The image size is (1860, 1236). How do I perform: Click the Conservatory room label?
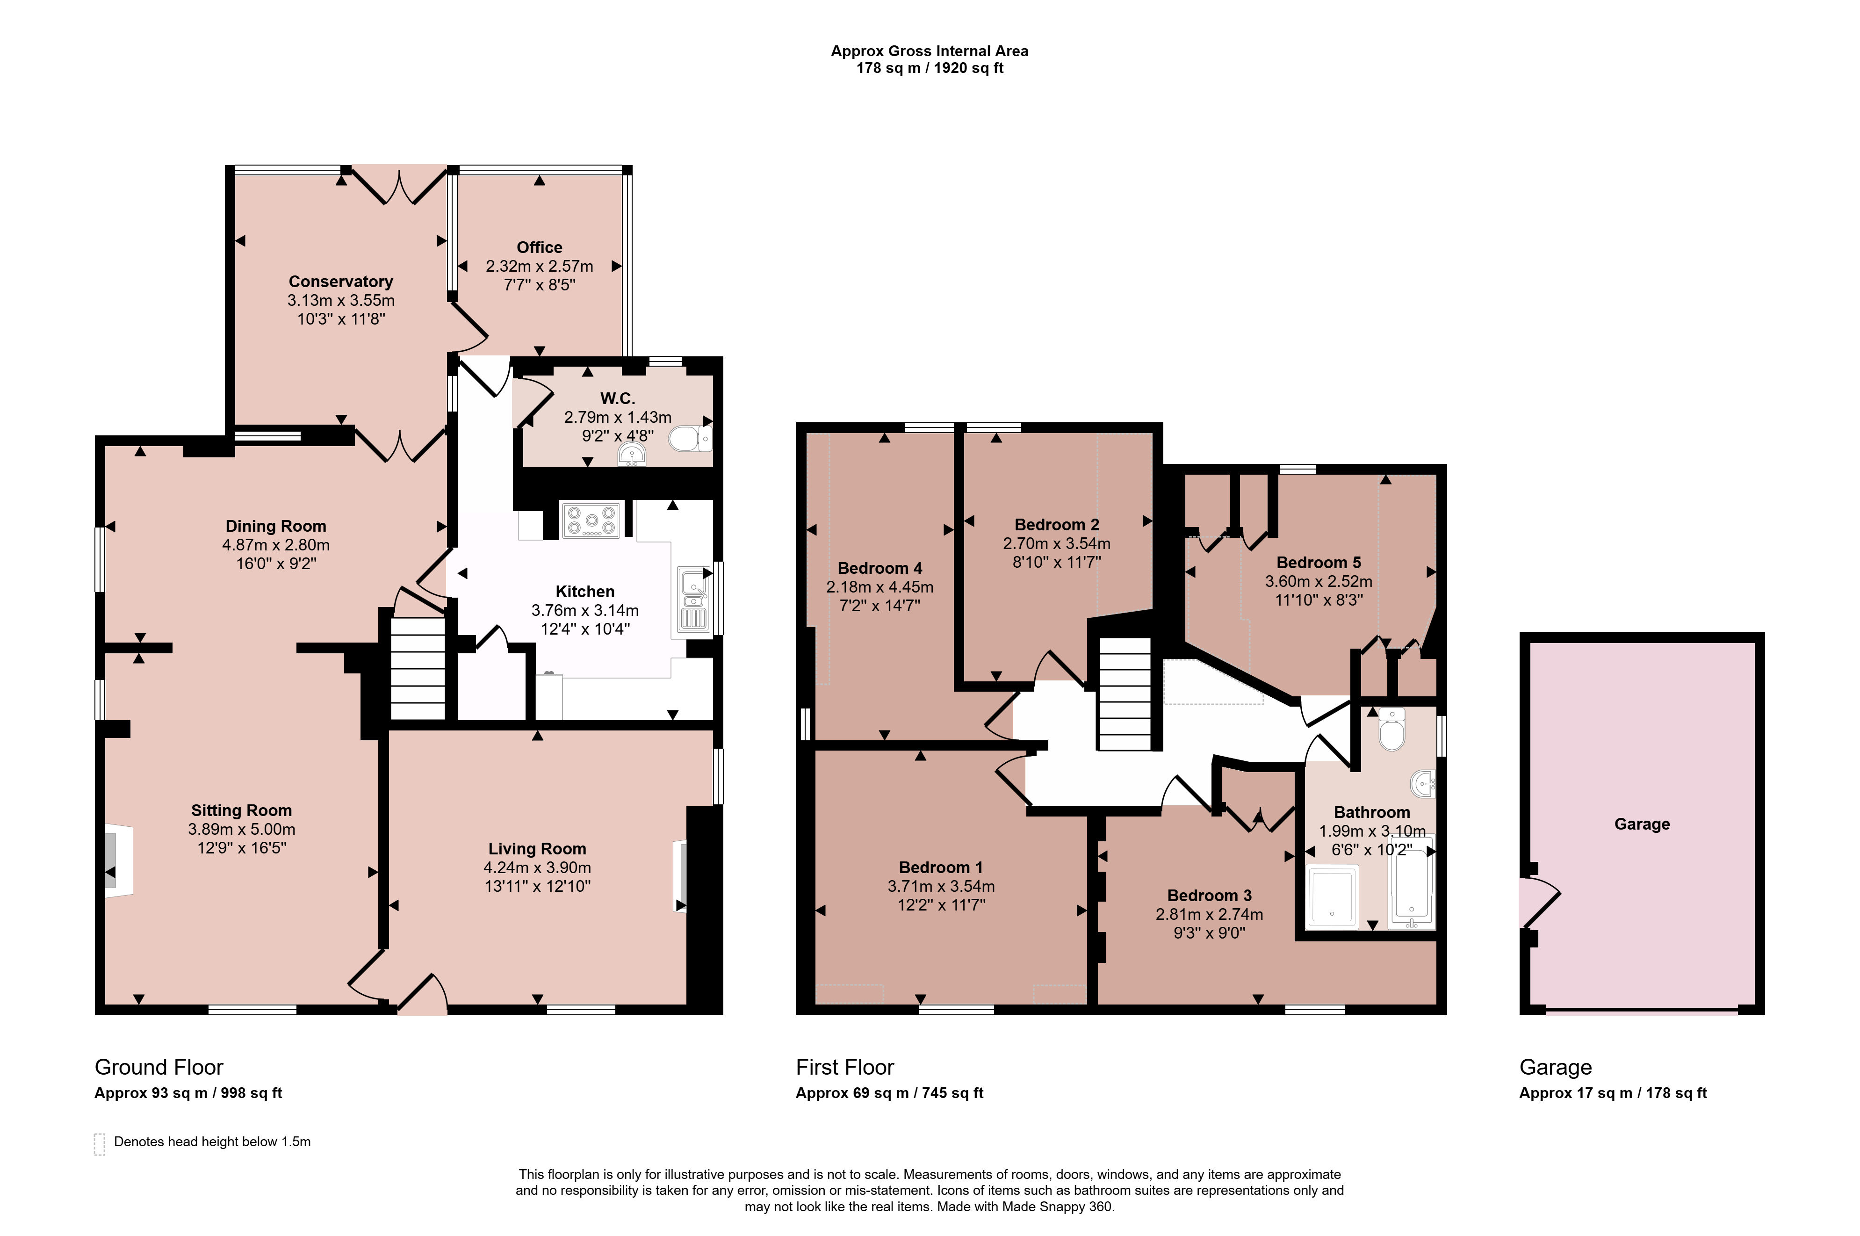coord(340,282)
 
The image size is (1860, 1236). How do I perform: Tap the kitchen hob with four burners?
coord(591,520)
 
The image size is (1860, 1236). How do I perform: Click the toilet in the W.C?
coord(690,439)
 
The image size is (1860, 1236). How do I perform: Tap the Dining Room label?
coord(276,526)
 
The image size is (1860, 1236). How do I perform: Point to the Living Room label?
coord(538,848)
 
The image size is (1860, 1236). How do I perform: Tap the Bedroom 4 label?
coord(880,568)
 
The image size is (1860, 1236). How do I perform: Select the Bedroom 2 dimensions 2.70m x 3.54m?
coord(1057,543)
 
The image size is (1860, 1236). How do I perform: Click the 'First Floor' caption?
coord(845,1067)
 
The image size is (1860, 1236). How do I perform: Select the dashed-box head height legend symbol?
coord(99,1144)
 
